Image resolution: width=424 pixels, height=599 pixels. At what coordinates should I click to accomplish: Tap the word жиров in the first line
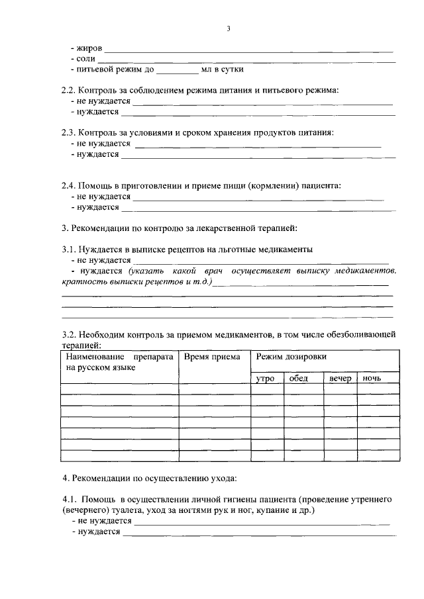(x=90, y=48)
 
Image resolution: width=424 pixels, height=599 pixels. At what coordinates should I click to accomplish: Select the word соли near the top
(x=86, y=58)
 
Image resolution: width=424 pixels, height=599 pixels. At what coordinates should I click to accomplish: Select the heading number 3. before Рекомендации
(x=64, y=228)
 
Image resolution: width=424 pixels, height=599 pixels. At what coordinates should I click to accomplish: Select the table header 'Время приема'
(x=212, y=357)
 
